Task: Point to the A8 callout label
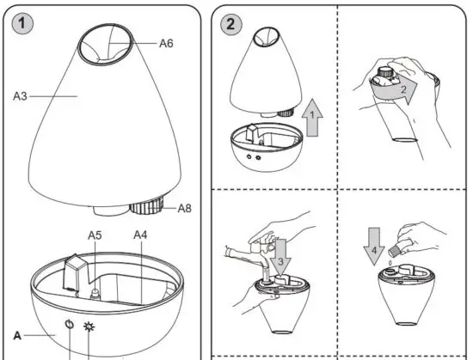[x=183, y=208]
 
